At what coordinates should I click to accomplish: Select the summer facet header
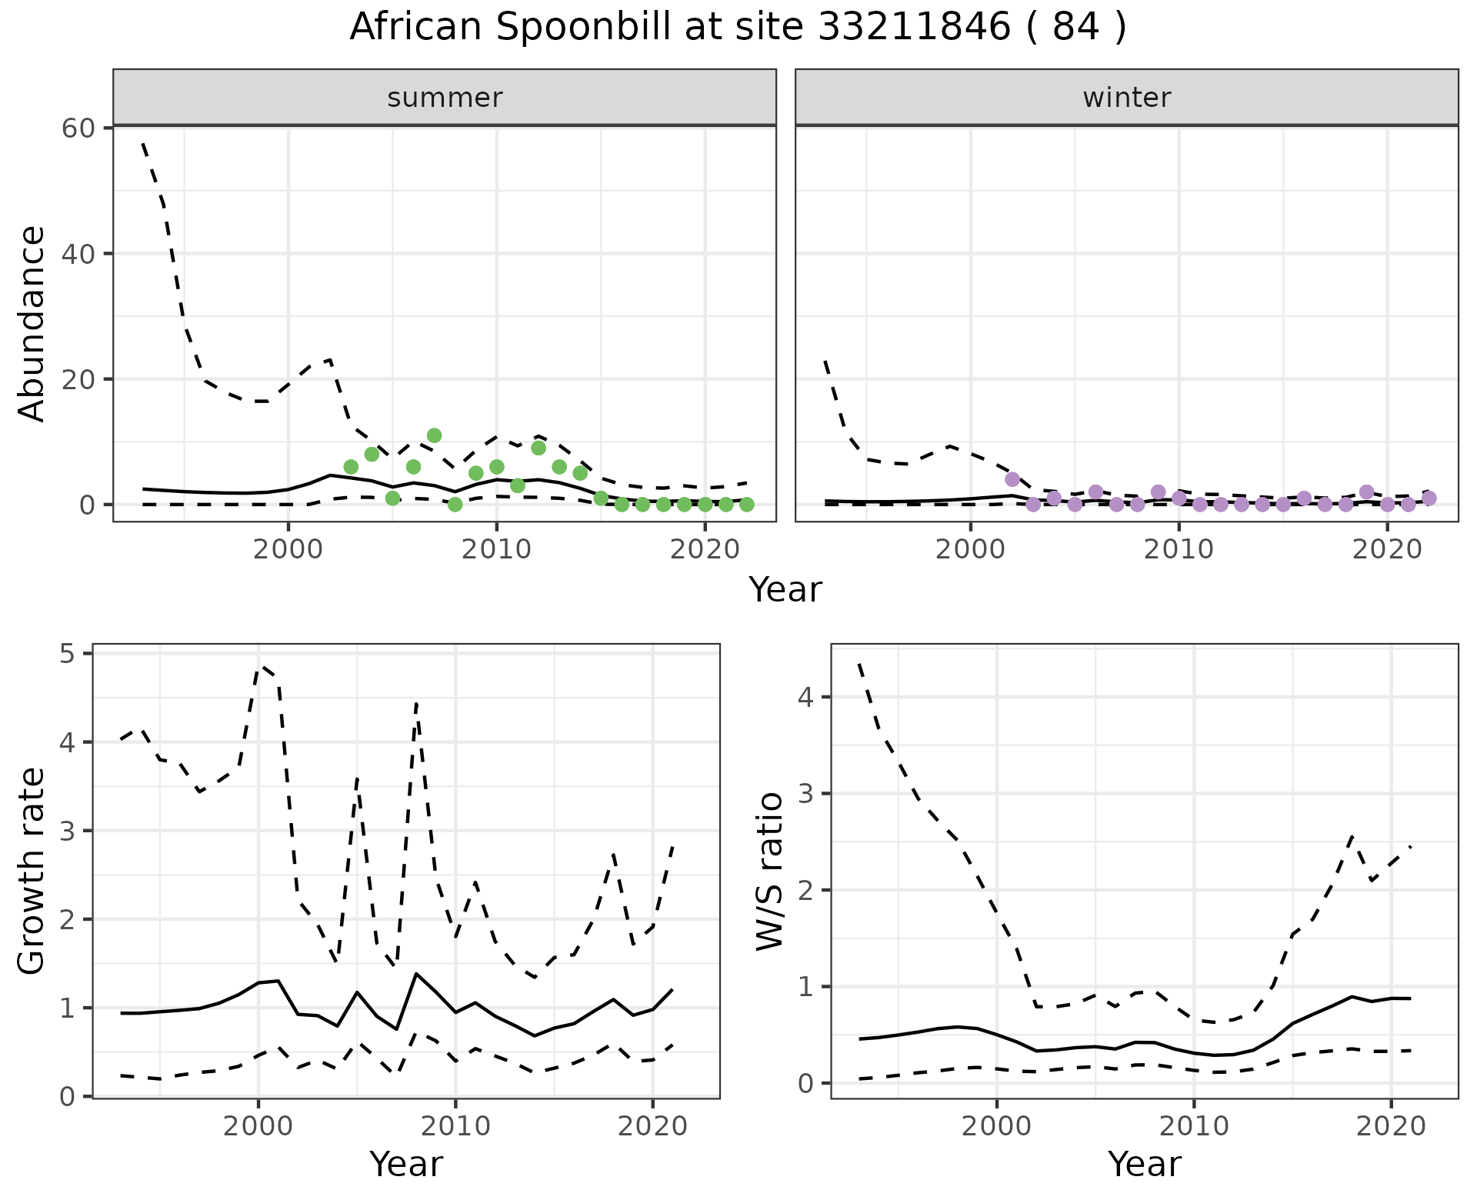(445, 98)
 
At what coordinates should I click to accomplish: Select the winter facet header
(1126, 98)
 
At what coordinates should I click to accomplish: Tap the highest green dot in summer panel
(434, 435)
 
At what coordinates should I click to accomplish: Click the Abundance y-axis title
(32, 323)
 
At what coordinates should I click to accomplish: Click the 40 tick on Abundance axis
(78, 254)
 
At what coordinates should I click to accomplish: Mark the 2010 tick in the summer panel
(496, 550)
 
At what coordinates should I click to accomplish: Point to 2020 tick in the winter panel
(1386, 550)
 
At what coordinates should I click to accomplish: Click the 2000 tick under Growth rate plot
(258, 1127)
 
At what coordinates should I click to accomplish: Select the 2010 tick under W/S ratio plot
(1193, 1127)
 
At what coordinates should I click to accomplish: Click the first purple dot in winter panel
(1012, 479)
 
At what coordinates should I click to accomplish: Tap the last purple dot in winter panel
(1429, 498)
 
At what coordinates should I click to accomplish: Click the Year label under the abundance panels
(785, 590)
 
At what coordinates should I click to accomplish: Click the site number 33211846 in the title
(915, 28)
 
